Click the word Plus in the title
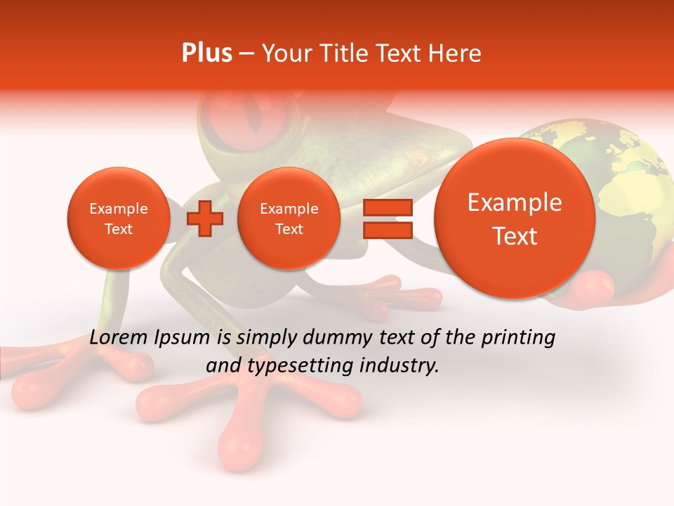point(206,53)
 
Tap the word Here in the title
point(456,53)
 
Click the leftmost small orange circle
point(119,219)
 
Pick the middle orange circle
point(289,219)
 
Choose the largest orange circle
point(515,219)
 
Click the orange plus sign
point(205,219)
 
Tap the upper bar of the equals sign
point(387,208)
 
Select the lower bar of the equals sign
point(387,231)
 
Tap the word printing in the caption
point(519,338)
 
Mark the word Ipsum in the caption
point(180,338)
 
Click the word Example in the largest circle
point(515,202)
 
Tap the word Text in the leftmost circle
point(119,229)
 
